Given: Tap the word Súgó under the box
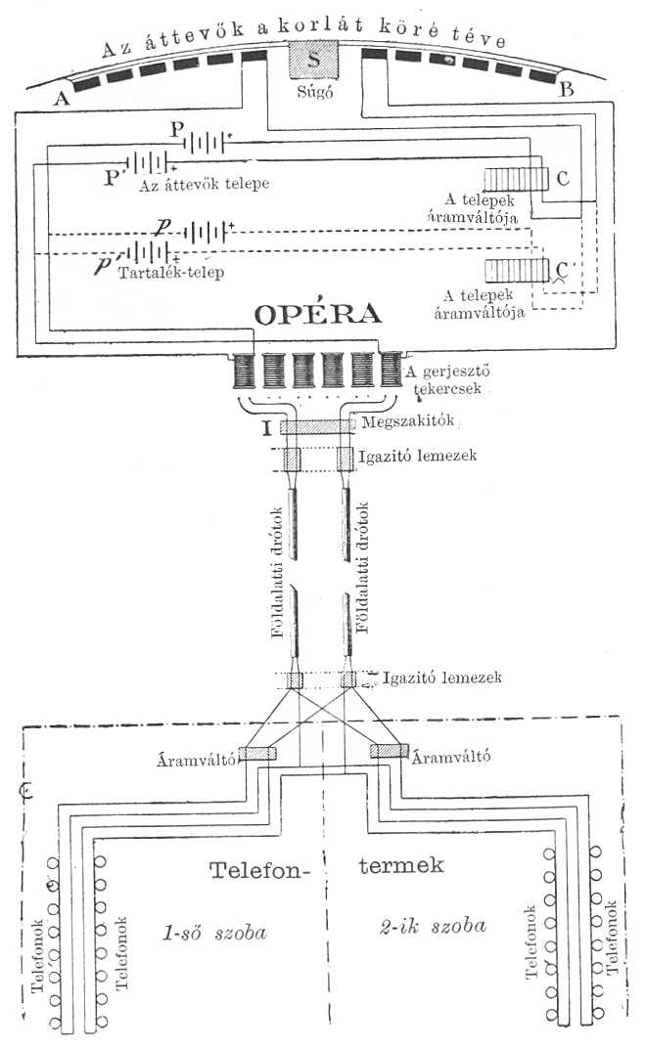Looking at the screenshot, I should [x=313, y=95].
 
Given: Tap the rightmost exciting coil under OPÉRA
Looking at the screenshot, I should [x=391, y=371].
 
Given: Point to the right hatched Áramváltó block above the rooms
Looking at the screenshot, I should [x=389, y=751].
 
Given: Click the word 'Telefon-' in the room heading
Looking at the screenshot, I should [x=256, y=869].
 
